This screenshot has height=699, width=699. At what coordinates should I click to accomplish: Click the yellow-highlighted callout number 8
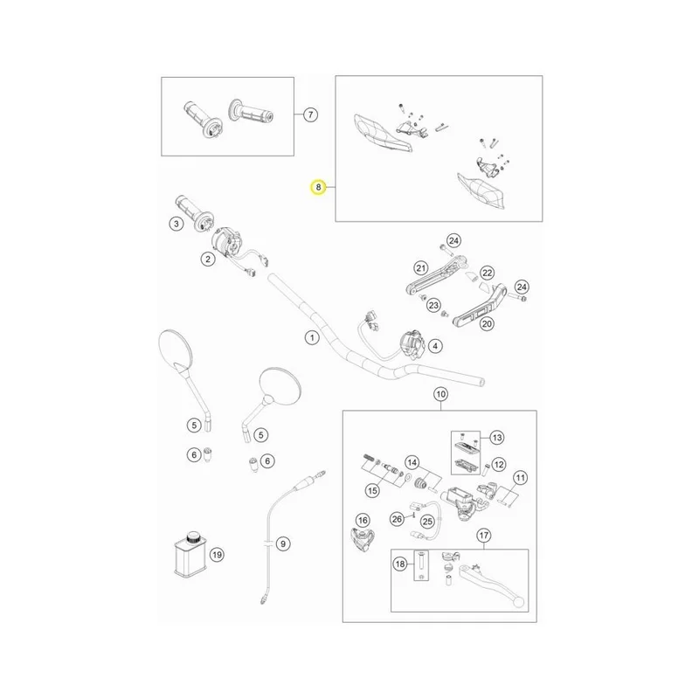pyautogui.click(x=318, y=187)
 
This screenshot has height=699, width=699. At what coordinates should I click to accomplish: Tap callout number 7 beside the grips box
pyautogui.click(x=310, y=114)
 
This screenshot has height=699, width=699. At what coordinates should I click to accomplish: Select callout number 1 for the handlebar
pyautogui.click(x=312, y=338)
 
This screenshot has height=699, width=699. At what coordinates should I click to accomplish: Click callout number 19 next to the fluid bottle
pyautogui.click(x=217, y=555)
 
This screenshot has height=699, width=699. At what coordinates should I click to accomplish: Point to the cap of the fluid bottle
pyautogui.click(x=193, y=536)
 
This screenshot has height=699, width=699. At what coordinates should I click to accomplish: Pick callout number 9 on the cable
pyautogui.click(x=282, y=543)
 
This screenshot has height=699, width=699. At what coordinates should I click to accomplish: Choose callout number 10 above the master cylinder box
pyautogui.click(x=440, y=394)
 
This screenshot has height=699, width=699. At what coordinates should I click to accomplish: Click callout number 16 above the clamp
pyautogui.click(x=363, y=520)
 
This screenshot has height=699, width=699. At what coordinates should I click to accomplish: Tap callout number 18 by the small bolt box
pyautogui.click(x=400, y=564)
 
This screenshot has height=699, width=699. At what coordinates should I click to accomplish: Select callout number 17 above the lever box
pyautogui.click(x=484, y=535)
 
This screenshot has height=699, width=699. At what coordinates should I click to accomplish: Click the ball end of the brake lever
pyautogui.click(x=518, y=602)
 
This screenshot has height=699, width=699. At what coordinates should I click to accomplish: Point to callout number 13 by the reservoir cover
pyautogui.click(x=496, y=438)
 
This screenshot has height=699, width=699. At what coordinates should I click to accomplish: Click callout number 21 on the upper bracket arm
pyautogui.click(x=421, y=268)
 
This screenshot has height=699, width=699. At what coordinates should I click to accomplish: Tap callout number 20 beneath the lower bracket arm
pyautogui.click(x=487, y=323)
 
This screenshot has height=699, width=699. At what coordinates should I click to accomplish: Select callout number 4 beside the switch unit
pyautogui.click(x=435, y=346)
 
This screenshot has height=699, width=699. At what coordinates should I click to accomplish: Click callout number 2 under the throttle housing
pyautogui.click(x=208, y=259)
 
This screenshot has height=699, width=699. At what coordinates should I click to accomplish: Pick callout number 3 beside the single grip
pyautogui.click(x=176, y=224)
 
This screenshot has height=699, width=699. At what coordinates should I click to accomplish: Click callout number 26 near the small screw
pyautogui.click(x=397, y=518)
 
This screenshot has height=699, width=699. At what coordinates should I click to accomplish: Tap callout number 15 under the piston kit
pyautogui.click(x=372, y=491)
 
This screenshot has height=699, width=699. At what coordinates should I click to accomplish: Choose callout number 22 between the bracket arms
pyautogui.click(x=488, y=273)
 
